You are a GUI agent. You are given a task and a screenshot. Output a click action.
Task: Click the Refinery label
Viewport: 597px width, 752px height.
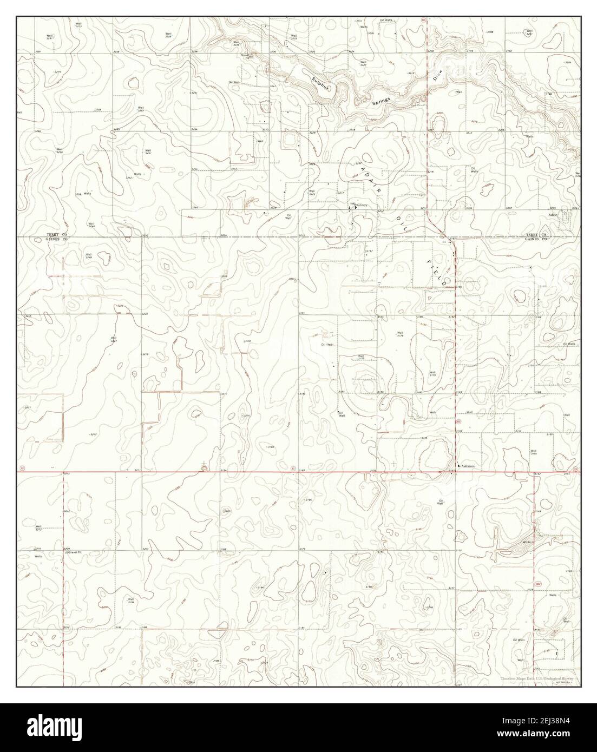(362, 205)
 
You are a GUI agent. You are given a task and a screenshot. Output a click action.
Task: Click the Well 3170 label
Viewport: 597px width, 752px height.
(432, 373)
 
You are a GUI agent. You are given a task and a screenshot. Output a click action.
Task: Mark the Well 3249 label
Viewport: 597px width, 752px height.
(88, 255)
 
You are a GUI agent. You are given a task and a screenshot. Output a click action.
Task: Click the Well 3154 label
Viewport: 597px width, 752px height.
(533, 452)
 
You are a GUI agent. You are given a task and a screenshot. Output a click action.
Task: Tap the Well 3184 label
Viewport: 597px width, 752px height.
(130, 601)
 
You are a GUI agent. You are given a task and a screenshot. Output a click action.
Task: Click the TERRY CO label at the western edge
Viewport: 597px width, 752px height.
(56, 234)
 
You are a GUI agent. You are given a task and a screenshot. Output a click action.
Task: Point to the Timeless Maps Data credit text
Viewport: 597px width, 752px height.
(535, 678)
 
